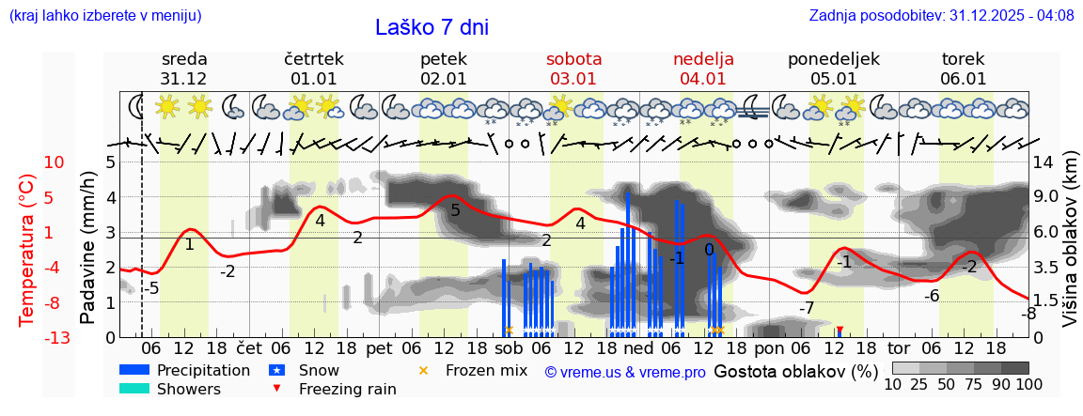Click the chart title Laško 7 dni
pyautogui.click(x=432, y=27)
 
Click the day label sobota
pyautogui.click(x=573, y=59)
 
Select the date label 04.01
pyautogui.click(x=703, y=79)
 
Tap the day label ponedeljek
pyautogui.click(x=833, y=59)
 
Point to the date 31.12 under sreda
pyautogui.click(x=183, y=79)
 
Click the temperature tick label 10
pyautogui.click(x=55, y=162)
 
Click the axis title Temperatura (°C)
pyautogui.click(x=26, y=250)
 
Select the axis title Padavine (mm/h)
pyautogui.click(x=87, y=248)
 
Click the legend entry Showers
pyautogui.click(x=188, y=389)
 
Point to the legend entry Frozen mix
pyautogui.click(x=486, y=370)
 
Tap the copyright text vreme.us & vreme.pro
pyautogui.click(x=625, y=372)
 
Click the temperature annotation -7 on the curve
pyautogui.click(x=807, y=308)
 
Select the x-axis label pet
pyautogui.click(x=379, y=347)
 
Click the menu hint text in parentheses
pyautogui.click(x=105, y=15)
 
